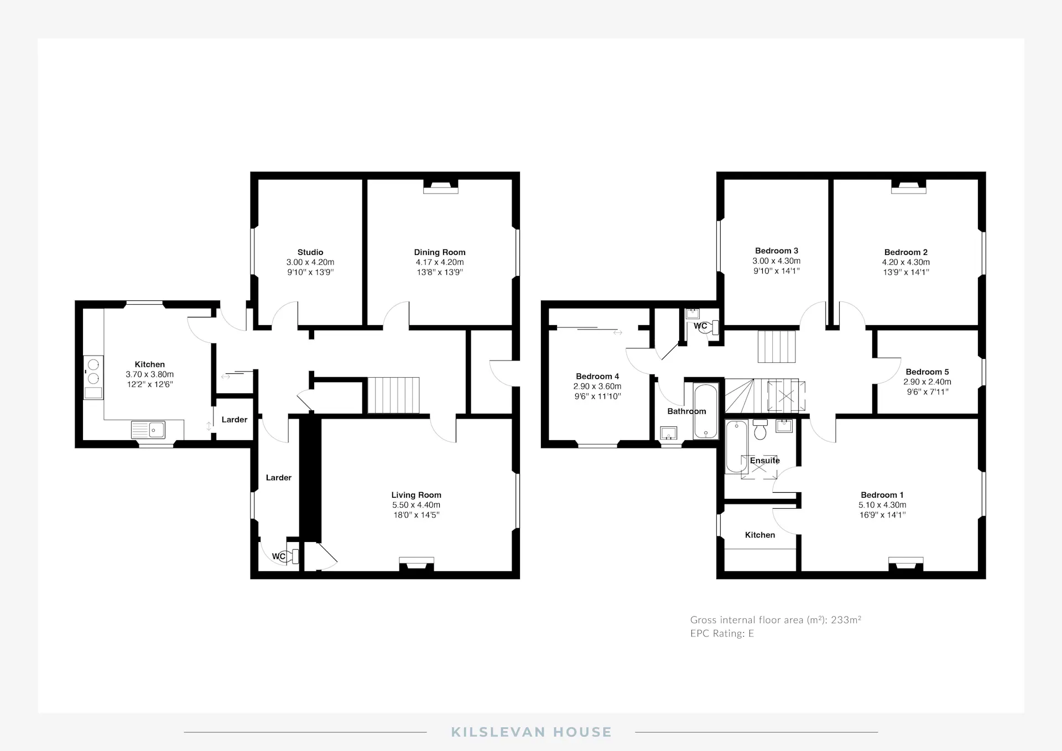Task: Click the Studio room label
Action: click(310, 252)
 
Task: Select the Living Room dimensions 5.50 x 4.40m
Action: click(416, 505)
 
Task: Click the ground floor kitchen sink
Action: click(148, 430)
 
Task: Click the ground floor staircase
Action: click(393, 395)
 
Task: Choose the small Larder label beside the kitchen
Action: click(235, 420)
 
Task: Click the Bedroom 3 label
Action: click(777, 251)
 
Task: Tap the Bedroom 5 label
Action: click(927, 372)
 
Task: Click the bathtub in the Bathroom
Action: click(706, 411)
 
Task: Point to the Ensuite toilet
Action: click(760, 429)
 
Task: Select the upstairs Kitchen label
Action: click(760, 535)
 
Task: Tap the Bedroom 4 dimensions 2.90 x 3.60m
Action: click(597, 387)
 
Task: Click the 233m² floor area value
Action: click(846, 619)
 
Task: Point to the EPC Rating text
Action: click(722, 634)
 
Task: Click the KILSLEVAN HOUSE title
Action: click(531, 732)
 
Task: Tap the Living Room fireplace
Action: click(417, 564)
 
